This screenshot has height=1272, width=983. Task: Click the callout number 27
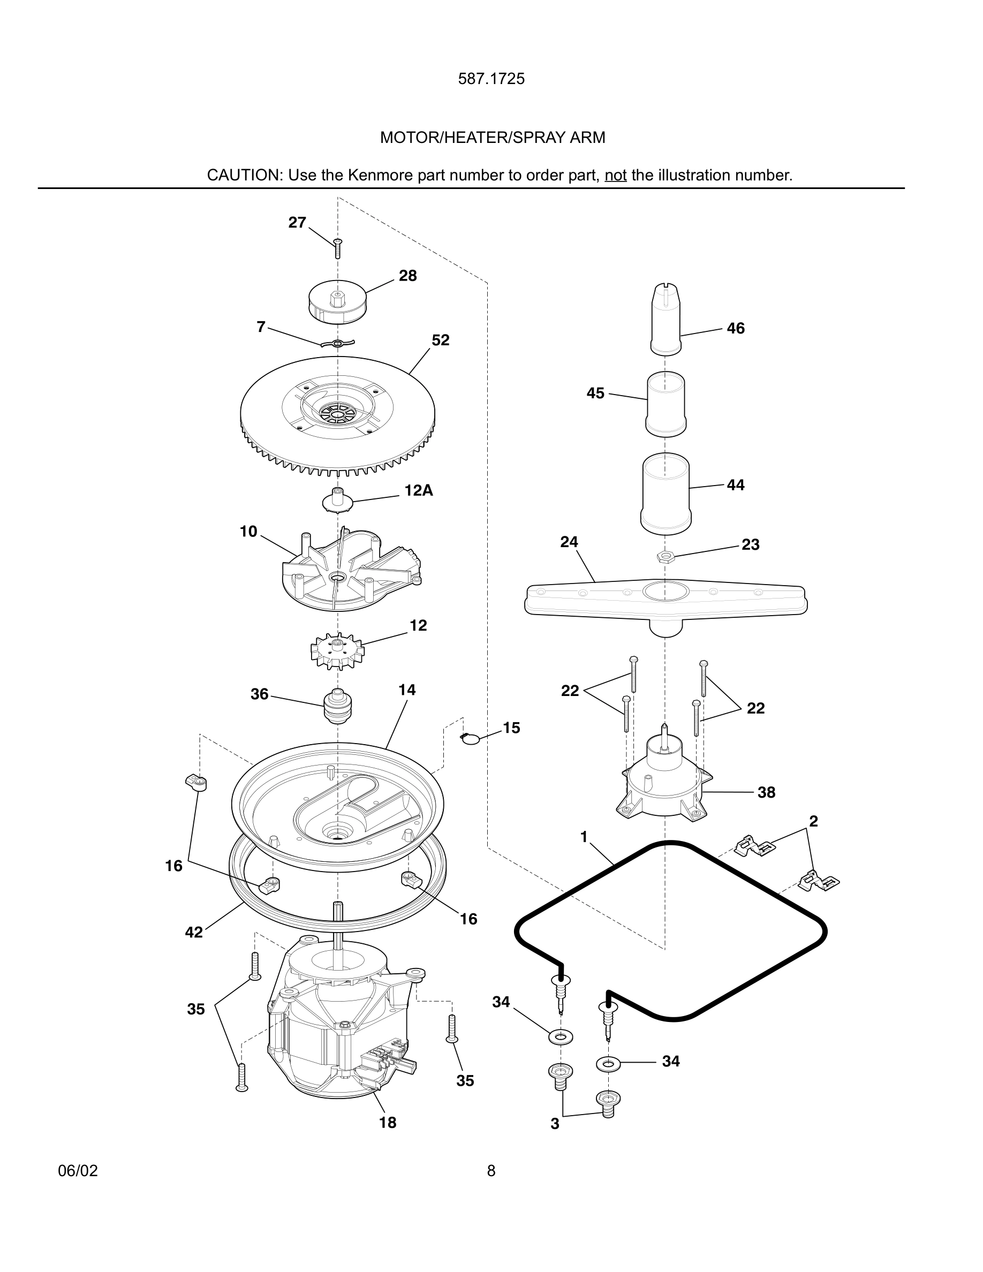click(x=297, y=223)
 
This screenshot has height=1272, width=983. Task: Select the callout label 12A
click(x=419, y=490)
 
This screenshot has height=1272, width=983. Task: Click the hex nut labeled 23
click(x=664, y=557)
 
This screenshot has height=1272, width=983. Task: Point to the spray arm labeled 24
click(x=665, y=600)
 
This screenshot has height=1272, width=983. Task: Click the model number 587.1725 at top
click(x=491, y=79)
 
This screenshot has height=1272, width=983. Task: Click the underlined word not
click(x=615, y=175)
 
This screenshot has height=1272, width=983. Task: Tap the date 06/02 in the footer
click(x=78, y=1171)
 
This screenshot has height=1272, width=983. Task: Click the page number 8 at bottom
click(x=491, y=1171)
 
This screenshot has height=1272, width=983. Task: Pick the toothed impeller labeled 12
click(x=337, y=650)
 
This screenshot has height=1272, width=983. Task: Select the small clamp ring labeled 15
click(x=470, y=738)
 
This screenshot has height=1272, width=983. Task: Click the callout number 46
click(x=736, y=329)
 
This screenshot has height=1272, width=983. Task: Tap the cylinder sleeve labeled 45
click(x=666, y=403)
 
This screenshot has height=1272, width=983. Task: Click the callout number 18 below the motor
click(x=387, y=1122)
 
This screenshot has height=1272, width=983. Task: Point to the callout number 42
click(x=194, y=932)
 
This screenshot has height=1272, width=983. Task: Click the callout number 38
click(x=766, y=792)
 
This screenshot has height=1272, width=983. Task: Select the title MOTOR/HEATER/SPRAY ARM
click(x=492, y=138)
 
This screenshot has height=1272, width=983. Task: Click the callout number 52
click(x=440, y=340)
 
